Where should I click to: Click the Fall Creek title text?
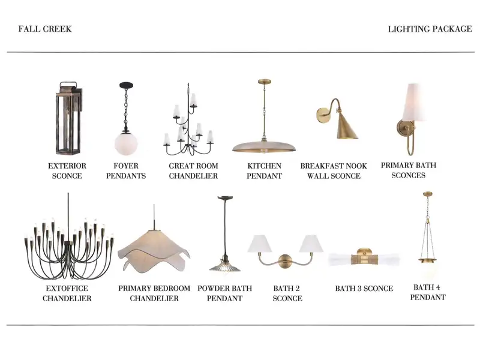point(45,29)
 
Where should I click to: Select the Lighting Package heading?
point(430,29)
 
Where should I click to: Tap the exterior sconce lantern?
point(69,118)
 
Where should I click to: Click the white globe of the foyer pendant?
point(126,143)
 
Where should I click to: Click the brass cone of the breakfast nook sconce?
point(346,127)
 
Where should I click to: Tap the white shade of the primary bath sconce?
point(414,102)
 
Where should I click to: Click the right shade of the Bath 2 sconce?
point(311,244)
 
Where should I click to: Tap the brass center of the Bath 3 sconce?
point(364,257)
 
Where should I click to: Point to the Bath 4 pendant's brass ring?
point(428,260)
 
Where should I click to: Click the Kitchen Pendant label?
point(264,171)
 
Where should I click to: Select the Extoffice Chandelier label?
point(67,293)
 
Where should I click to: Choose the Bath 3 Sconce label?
point(364,289)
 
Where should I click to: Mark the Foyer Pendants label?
point(126,171)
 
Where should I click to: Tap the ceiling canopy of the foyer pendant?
point(126,85)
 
